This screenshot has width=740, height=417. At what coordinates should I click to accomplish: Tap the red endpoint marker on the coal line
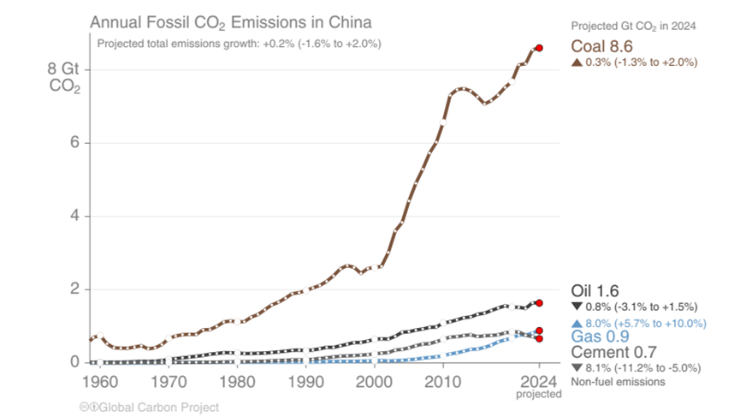(539, 48)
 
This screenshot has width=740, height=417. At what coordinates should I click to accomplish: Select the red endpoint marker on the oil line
(539, 302)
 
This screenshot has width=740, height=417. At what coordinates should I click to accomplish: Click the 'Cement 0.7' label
(613, 353)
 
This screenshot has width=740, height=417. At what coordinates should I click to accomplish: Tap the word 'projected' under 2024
(539, 394)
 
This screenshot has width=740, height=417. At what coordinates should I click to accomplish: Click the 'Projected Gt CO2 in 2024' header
(633, 27)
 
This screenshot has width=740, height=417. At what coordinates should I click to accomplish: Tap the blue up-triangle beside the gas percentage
(576, 323)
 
